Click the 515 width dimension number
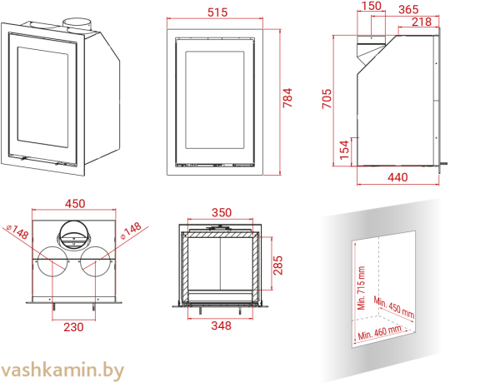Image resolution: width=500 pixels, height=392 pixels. coord(217,12)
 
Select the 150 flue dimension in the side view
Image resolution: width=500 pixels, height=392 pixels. coord(371,7)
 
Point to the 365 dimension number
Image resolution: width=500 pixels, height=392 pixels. coord(408,10)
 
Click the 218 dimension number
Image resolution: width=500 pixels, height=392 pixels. coord(422,22)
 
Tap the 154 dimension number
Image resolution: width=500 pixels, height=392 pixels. coord(344,149)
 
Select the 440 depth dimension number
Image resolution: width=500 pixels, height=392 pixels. coord(398,176)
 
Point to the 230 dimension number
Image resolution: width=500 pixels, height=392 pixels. coord(74,327)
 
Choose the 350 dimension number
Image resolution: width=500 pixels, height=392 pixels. coord(221,213)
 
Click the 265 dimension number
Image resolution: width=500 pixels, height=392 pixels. coord(278,264)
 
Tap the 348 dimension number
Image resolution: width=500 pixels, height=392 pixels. coord(221,326)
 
